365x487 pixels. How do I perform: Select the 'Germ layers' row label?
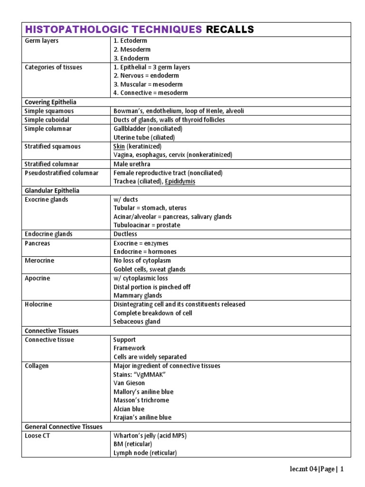tap(42, 41)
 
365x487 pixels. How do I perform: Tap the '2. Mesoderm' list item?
tap(132, 49)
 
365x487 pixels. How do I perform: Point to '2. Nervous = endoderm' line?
tap(146, 76)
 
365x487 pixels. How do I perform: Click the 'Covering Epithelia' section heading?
tap(50, 102)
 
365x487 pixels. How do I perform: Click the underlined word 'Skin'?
tap(119, 146)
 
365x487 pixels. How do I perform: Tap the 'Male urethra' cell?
tap(132, 164)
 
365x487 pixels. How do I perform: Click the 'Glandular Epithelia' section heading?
tap(52, 191)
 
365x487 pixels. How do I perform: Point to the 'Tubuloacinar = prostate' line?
tap(147, 225)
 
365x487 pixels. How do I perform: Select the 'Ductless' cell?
tap(125, 234)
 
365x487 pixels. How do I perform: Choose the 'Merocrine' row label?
tap(39, 261)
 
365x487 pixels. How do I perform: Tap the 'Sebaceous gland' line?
tap(137, 321)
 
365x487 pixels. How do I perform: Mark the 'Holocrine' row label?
tap(38, 304)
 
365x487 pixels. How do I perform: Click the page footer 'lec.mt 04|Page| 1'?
tap(317, 469)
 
